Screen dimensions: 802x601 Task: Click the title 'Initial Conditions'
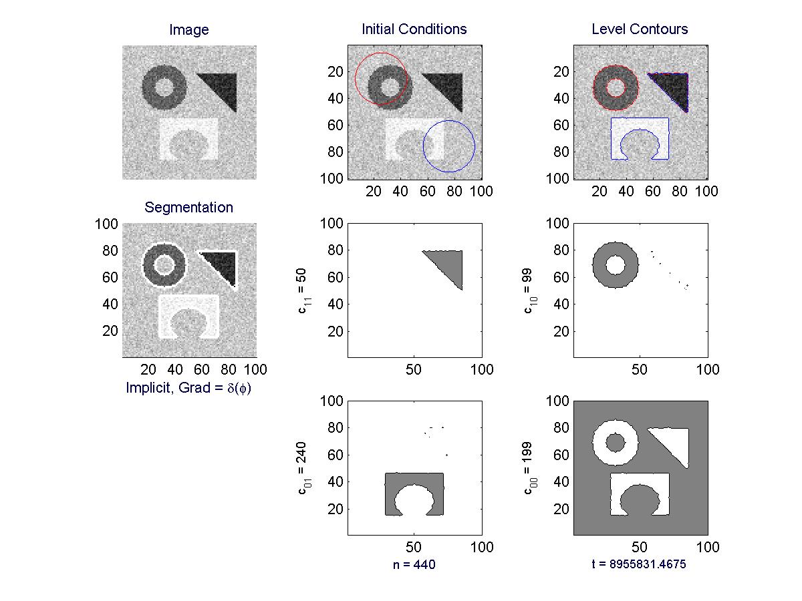click(414, 29)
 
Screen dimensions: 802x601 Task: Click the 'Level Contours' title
click(640, 29)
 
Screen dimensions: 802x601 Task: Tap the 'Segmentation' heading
click(188, 207)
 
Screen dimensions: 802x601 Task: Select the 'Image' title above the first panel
click(189, 29)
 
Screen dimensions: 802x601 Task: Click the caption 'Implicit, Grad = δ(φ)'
click(188, 387)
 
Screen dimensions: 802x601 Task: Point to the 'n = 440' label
click(414, 564)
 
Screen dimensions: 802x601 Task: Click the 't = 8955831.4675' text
click(639, 564)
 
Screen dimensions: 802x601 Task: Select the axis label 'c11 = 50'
click(303, 291)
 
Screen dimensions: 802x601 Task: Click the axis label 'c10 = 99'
click(529, 291)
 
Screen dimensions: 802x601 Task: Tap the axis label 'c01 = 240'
click(303, 468)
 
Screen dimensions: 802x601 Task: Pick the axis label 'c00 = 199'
click(529, 468)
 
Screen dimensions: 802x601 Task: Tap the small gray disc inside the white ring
click(616, 443)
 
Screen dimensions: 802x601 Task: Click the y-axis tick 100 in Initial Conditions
click(331, 178)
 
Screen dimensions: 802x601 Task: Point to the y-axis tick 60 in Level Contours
click(561, 125)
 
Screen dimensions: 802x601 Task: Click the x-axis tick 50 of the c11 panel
click(414, 370)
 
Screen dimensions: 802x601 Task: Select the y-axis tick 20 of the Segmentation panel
click(110, 331)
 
